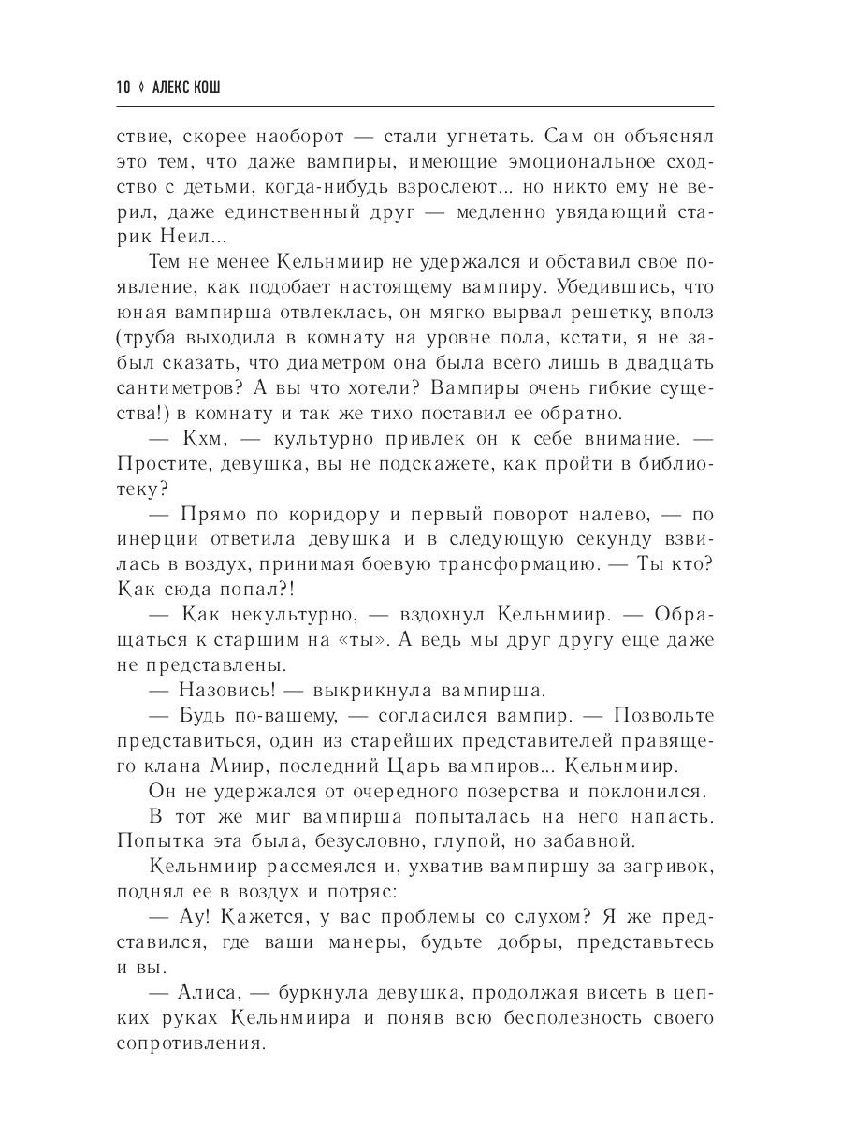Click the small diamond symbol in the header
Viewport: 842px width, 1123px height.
tap(142, 87)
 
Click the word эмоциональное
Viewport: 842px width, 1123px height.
tap(558, 161)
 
